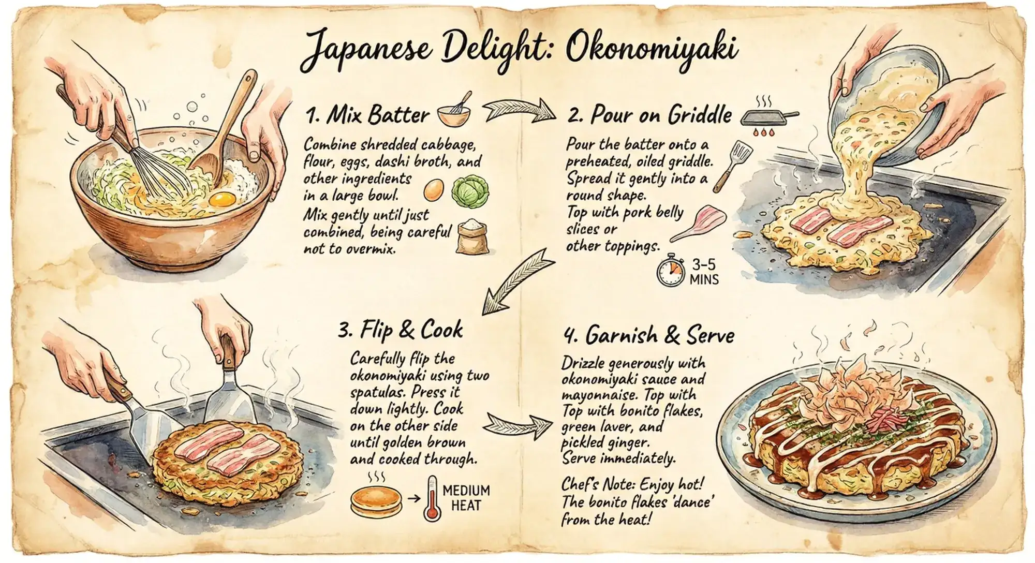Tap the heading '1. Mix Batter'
click(x=368, y=115)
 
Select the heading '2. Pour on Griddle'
click(x=650, y=115)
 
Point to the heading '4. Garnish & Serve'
click(x=649, y=336)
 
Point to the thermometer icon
click(x=431, y=498)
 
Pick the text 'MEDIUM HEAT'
click(x=466, y=497)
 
